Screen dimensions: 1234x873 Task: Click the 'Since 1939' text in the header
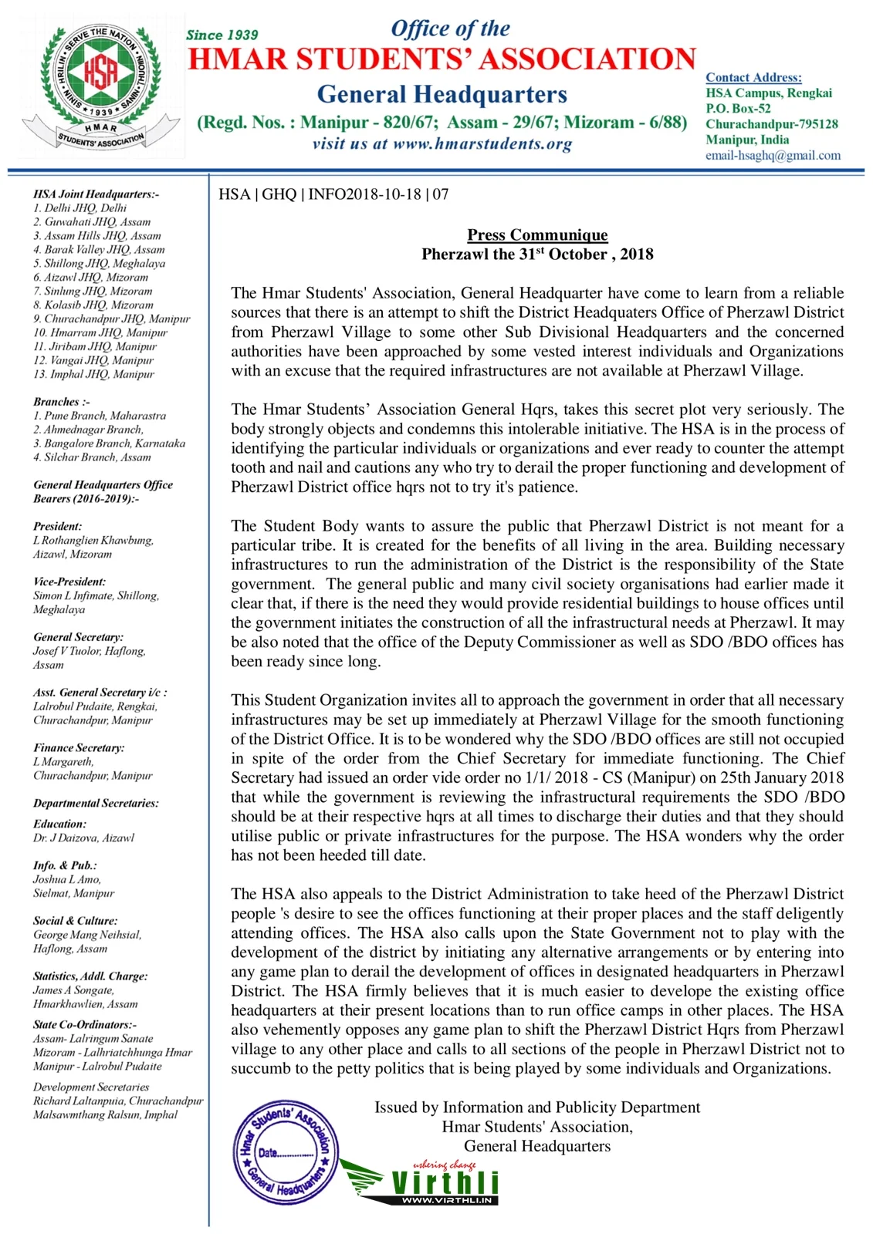point(222,35)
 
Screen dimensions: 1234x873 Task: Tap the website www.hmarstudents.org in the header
point(442,144)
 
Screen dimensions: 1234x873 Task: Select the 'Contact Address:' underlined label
point(753,77)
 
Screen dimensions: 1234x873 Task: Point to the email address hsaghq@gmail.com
point(773,155)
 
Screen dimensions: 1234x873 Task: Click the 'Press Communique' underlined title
point(537,235)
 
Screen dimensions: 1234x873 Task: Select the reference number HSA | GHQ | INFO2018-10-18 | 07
point(333,194)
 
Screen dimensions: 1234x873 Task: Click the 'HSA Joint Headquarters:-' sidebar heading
point(96,194)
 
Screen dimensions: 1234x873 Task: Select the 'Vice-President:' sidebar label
point(69,582)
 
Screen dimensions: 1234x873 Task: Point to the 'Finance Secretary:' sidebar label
point(79,748)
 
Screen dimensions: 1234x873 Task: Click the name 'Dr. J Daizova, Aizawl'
point(83,838)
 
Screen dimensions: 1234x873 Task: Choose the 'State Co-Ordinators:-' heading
point(85,1025)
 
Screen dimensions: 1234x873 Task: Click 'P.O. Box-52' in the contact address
point(738,109)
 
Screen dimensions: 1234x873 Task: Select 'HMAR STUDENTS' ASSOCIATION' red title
point(442,59)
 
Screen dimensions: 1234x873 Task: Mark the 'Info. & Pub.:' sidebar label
point(65,866)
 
